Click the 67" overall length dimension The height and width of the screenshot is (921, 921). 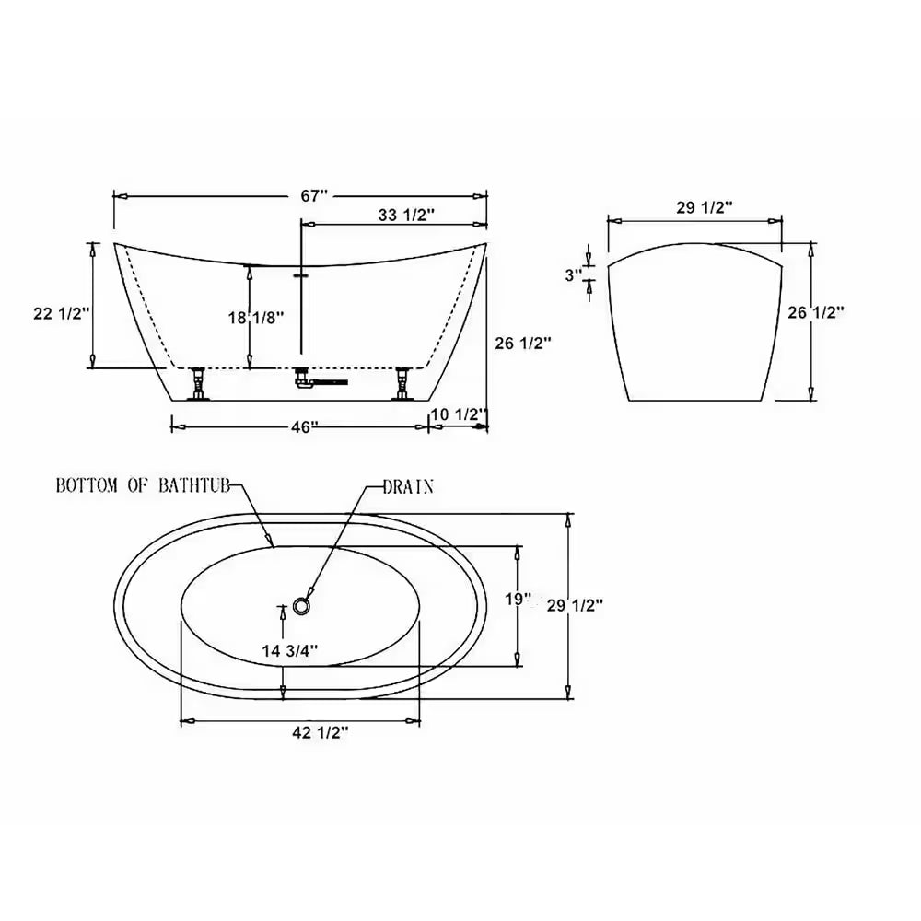[x=314, y=195]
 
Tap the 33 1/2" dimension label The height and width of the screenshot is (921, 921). [x=406, y=215]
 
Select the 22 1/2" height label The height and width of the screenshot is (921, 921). [x=62, y=314]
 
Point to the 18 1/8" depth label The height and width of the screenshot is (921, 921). [x=256, y=318]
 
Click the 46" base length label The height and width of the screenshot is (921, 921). [x=304, y=427]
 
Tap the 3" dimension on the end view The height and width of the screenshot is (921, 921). [x=573, y=274]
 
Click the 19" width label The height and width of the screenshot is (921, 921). [x=518, y=600]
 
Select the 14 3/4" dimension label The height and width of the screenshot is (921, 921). [x=290, y=651]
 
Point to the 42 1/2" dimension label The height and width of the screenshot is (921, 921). [x=321, y=732]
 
